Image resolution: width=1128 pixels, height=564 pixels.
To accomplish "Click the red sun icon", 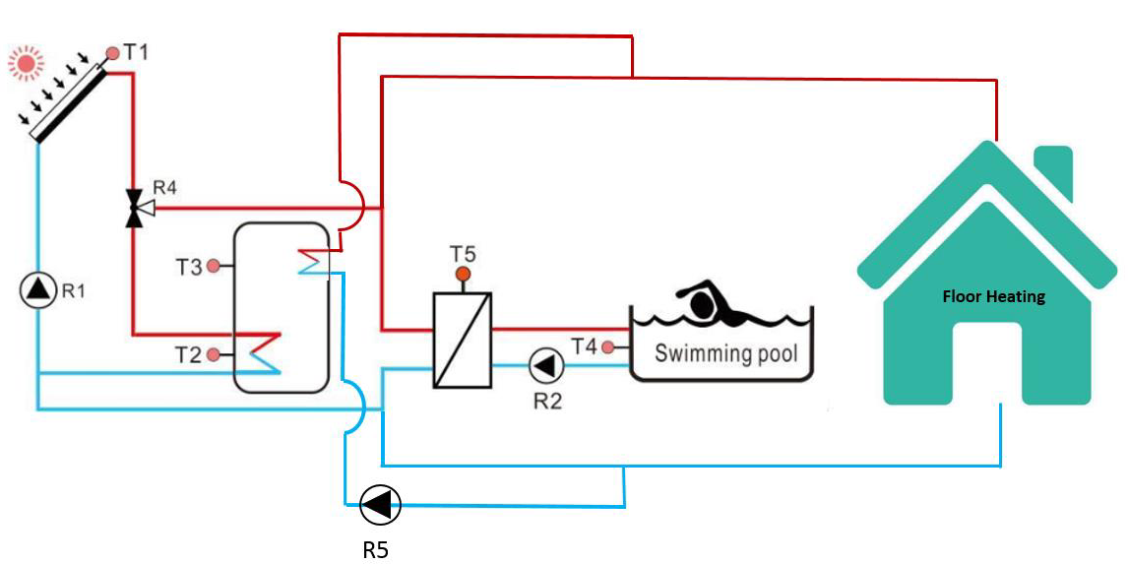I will (27, 65).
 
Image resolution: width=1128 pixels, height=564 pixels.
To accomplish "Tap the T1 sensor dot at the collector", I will (113, 52).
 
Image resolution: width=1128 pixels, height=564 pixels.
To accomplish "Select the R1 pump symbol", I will (38, 289).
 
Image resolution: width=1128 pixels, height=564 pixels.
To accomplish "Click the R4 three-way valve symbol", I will (134, 208).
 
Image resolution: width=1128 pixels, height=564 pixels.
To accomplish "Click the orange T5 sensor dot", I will (463, 274).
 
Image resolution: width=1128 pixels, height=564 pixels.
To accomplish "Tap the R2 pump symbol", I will (544, 366).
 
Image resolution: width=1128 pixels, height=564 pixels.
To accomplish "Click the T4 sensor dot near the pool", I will (608, 346).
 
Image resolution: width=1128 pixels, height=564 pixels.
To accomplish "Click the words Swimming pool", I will (725, 351).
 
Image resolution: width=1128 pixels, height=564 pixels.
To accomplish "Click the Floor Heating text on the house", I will (993, 296).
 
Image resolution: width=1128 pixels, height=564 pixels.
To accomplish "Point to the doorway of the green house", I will (987, 364).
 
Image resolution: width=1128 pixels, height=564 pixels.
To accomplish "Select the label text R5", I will (375, 549).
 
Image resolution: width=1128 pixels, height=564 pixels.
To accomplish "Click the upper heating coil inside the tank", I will (315, 260).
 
